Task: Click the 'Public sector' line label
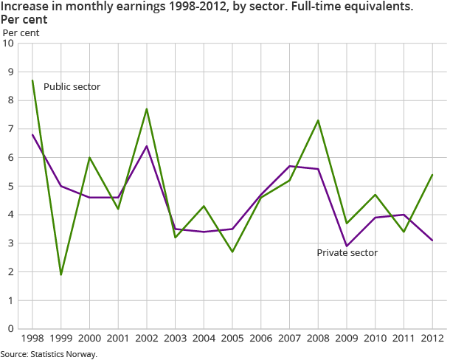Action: point(72,87)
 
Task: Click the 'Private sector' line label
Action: point(347,252)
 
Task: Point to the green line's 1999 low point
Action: point(61,274)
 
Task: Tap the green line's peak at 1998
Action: point(32,80)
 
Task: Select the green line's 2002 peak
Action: point(147,109)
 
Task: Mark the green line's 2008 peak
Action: point(318,120)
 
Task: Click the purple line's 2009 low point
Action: point(346,246)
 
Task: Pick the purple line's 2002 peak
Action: point(147,146)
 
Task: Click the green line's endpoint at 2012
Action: point(432,175)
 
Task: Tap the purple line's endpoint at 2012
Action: point(432,240)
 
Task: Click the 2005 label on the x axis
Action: point(232,339)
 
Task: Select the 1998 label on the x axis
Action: point(32,339)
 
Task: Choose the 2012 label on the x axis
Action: point(432,339)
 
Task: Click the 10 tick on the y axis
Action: point(9,44)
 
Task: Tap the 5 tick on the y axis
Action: point(11,187)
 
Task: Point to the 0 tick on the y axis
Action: point(11,329)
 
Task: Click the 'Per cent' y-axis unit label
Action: point(21,32)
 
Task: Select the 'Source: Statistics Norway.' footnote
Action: point(49,354)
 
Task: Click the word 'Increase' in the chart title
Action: point(27,7)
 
